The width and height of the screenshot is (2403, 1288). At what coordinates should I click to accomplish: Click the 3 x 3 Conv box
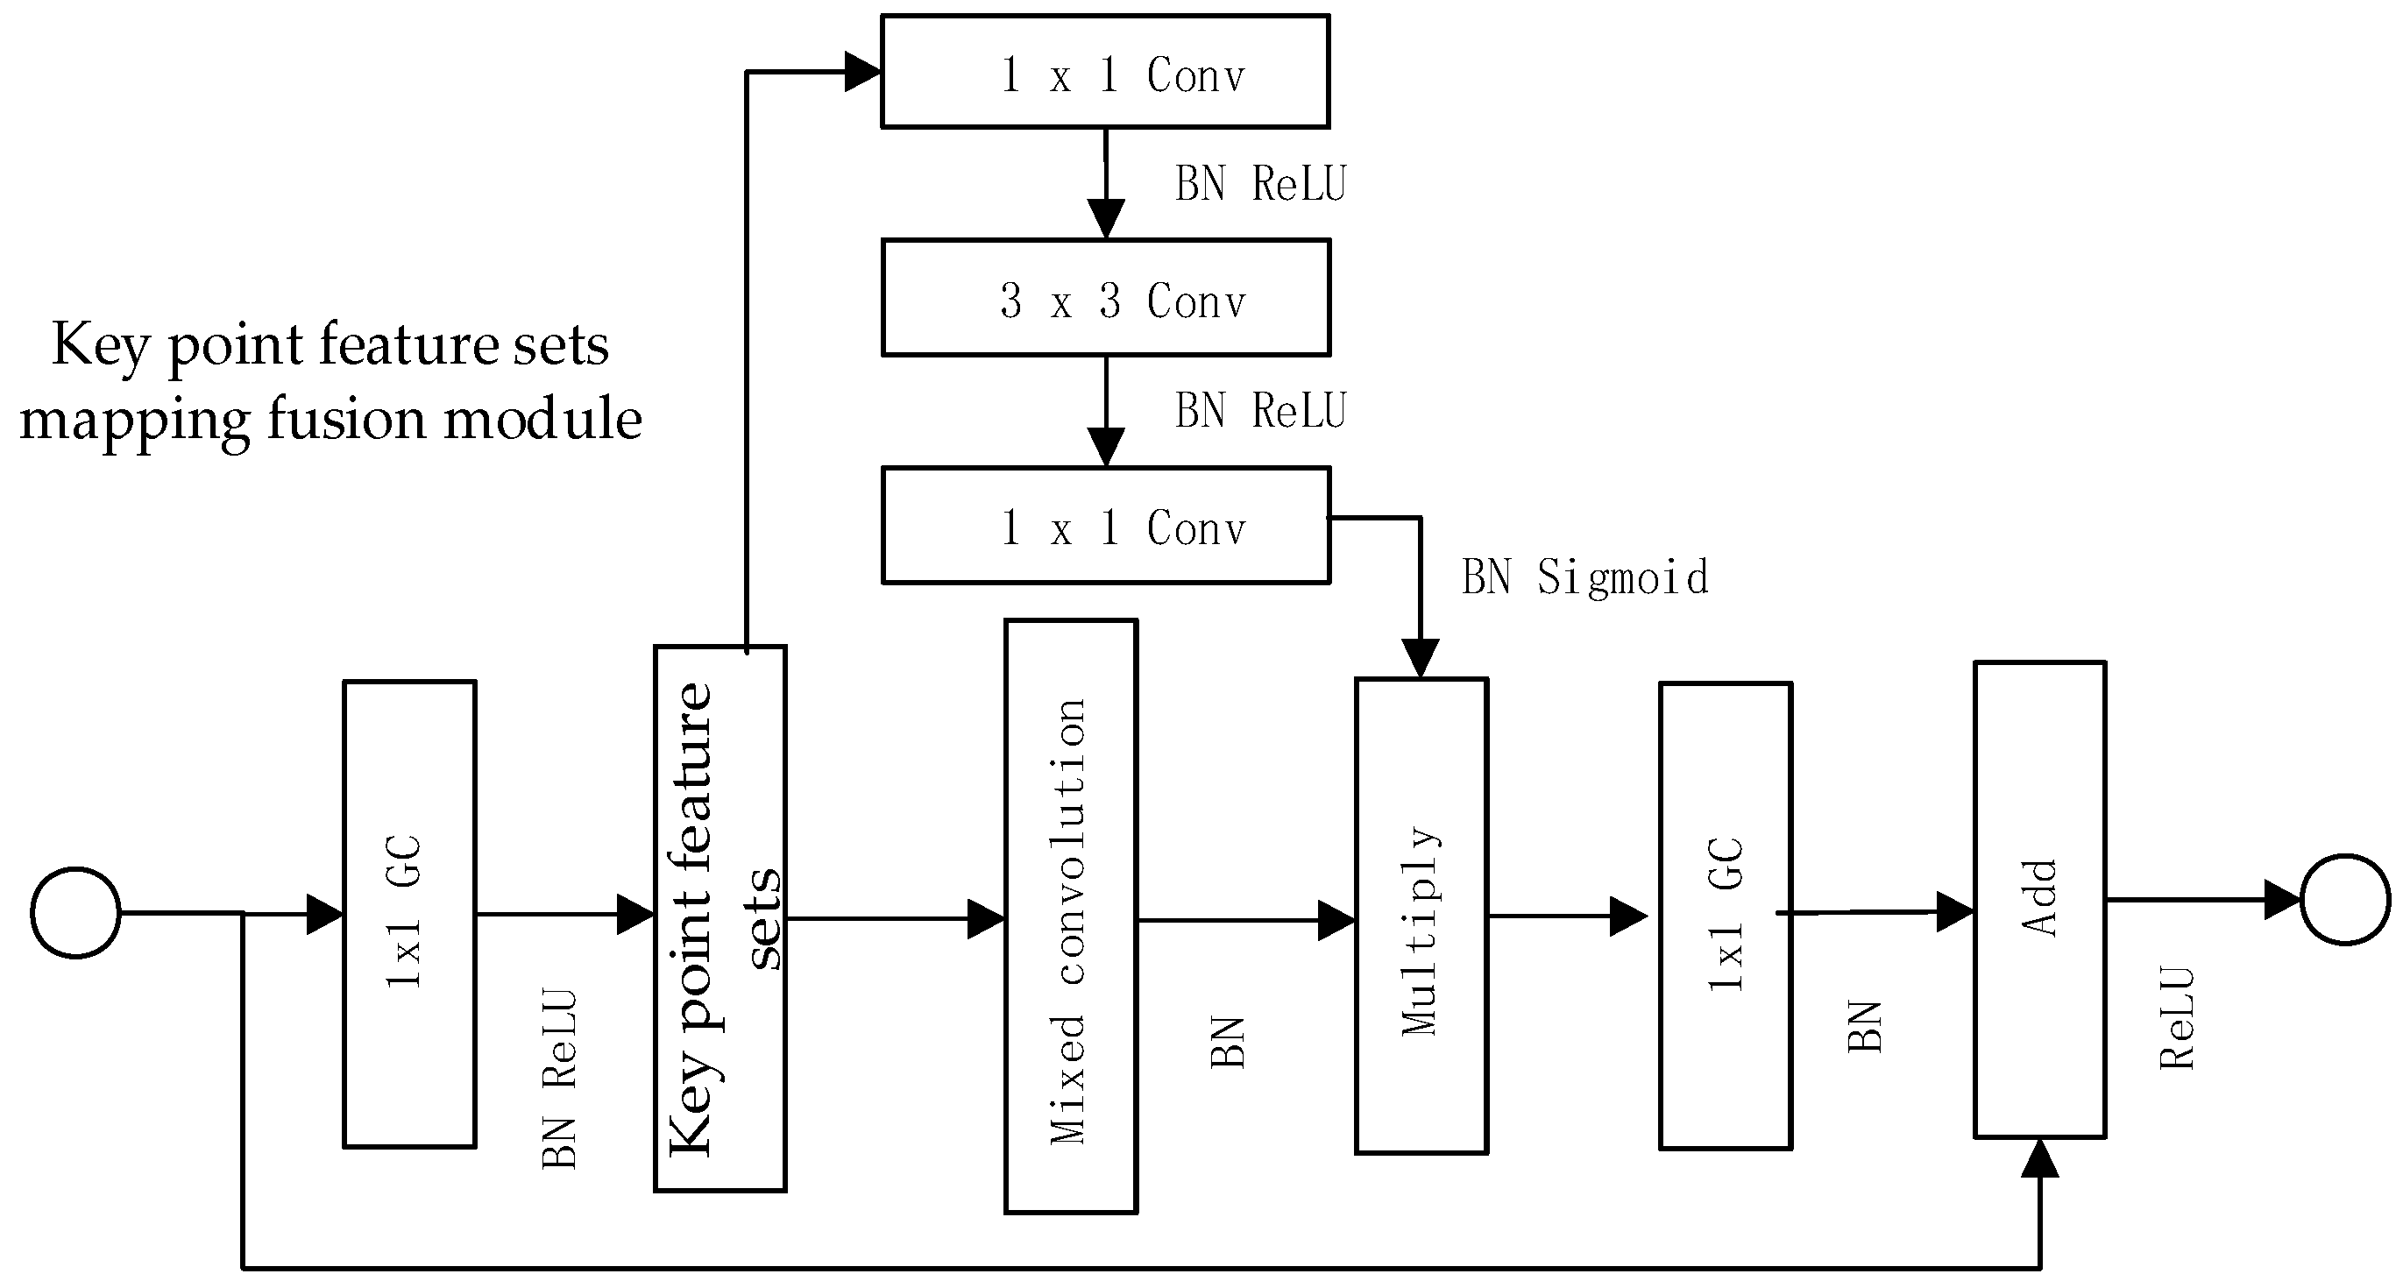(1105, 299)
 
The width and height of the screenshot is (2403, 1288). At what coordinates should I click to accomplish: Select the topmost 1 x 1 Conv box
(1105, 72)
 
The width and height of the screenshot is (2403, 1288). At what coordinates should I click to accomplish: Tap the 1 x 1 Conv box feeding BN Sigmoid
(1105, 526)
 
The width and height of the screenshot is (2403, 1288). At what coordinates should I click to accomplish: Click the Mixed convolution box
(1070, 916)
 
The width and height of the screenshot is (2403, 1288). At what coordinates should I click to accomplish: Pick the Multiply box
(1420, 916)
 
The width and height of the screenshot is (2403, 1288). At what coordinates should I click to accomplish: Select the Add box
(2039, 899)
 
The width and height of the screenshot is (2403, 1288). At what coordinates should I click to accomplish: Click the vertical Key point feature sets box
(719, 918)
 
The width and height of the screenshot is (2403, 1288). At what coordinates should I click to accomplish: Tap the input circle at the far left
(75, 912)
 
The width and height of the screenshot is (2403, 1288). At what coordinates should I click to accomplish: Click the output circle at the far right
(2344, 900)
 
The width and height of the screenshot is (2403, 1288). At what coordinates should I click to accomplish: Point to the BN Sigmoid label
(1584, 577)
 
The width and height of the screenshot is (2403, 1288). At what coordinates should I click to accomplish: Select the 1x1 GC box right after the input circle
(409, 914)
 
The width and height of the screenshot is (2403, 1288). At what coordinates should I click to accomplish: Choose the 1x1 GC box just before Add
(1725, 916)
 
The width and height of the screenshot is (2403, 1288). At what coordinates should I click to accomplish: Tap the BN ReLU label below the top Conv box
(1260, 184)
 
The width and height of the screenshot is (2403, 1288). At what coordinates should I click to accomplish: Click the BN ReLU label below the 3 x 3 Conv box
(1260, 411)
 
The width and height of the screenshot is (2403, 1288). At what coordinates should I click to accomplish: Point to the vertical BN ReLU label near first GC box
(560, 1079)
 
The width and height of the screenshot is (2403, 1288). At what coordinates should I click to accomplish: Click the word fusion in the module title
(348, 419)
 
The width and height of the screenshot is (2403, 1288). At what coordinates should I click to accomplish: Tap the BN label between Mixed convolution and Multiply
(1228, 1043)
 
